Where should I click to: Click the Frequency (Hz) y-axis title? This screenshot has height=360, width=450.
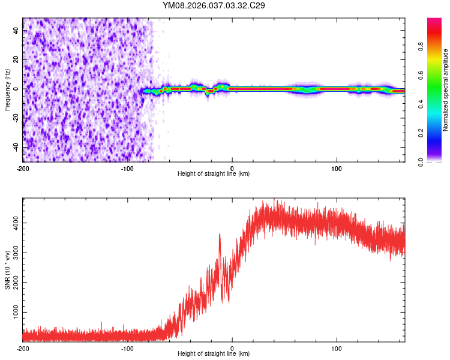[x=7, y=90]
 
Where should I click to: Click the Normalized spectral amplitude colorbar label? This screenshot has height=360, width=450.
[x=445, y=90]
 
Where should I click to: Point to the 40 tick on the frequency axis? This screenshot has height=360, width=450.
[x=16, y=31]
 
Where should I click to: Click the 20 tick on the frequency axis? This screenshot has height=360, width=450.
[x=16, y=60]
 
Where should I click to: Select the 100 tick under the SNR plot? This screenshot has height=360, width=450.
[x=337, y=348]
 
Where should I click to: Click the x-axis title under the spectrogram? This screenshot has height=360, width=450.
[x=214, y=174]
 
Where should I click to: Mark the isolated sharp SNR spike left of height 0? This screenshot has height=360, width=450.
[x=220, y=235]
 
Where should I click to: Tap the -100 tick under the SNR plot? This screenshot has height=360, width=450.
[x=127, y=348]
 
